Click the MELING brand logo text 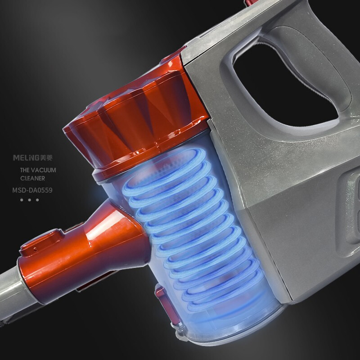click(26, 158)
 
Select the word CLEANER click(32, 178)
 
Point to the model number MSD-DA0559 click(32, 190)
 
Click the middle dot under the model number click(29, 200)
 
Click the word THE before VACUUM click(25, 170)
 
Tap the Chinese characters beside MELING click(46, 158)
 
